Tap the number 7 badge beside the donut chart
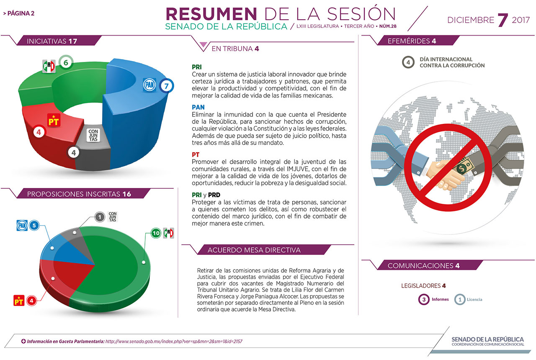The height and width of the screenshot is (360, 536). tap(167, 86)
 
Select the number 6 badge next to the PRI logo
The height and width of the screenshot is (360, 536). tap(66, 63)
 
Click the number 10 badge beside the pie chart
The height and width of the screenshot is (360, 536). tap(156, 233)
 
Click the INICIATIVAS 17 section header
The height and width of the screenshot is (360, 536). tap(52, 41)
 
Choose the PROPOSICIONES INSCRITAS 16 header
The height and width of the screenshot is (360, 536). tap(79, 194)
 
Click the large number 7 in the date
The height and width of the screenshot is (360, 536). tap(502, 20)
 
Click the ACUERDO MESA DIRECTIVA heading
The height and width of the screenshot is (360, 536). tap(254, 250)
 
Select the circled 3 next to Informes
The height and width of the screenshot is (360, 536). tap(424, 299)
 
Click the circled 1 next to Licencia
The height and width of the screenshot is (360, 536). tap(460, 299)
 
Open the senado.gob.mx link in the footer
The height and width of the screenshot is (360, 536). tap(174, 341)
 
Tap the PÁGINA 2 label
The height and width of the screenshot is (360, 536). tap(19, 13)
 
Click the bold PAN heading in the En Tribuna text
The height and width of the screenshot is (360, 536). tap(198, 107)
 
